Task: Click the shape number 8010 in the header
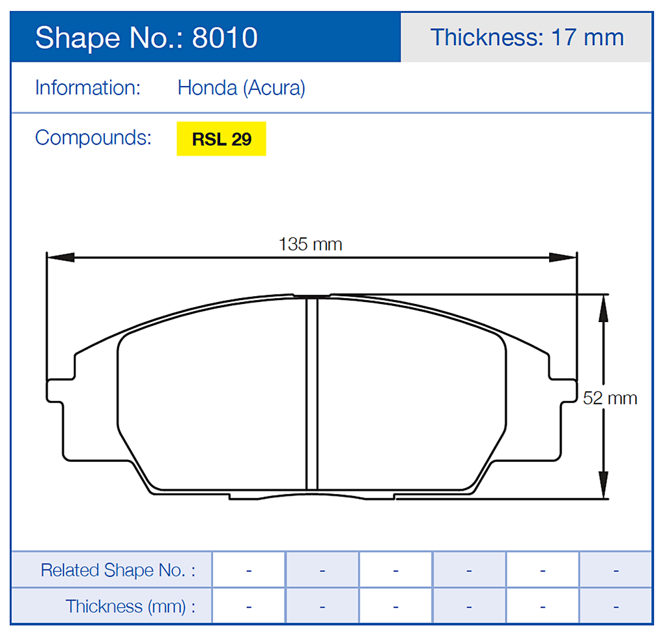pos(225,38)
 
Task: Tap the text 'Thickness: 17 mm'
pos(526,37)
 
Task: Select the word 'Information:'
pos(87,87)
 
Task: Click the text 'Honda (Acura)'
pos(241,87)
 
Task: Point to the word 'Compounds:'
pos(93,137)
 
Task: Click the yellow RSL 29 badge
pos(221,139)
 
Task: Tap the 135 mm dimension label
pos(310,244)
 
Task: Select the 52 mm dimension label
pos(610,398)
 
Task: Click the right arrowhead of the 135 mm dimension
pos(563,258)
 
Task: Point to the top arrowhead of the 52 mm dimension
pos(604,307)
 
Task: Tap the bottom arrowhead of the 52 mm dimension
pos(604,485)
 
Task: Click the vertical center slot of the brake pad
pos(312,394)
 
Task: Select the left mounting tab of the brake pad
pos(55,390)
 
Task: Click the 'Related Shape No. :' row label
pos(117,570)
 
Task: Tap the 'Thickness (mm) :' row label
pos(130,606)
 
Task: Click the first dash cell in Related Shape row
pos(249,570)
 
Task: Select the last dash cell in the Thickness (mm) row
pos(616,606)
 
